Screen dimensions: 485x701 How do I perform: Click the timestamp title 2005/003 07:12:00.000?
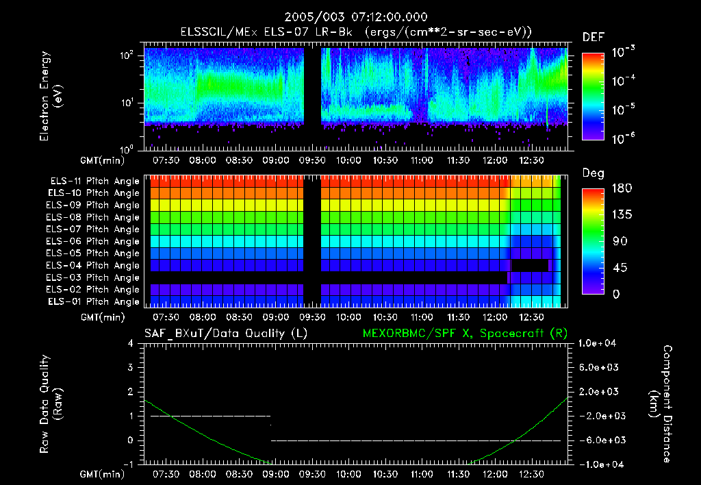350,16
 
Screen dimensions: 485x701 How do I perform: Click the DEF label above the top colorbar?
593,37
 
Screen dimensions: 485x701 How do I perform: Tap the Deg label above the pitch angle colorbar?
593,173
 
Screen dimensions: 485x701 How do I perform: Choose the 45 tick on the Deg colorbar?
615,268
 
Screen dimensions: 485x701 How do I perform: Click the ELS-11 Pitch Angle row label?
94,181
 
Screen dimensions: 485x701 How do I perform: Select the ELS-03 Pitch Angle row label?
94,277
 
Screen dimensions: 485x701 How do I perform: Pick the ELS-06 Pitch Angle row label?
94,241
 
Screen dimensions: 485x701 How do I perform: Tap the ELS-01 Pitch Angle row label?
94,301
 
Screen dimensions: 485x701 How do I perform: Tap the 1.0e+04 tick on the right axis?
598,343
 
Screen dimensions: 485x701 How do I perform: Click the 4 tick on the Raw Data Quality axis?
133,343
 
